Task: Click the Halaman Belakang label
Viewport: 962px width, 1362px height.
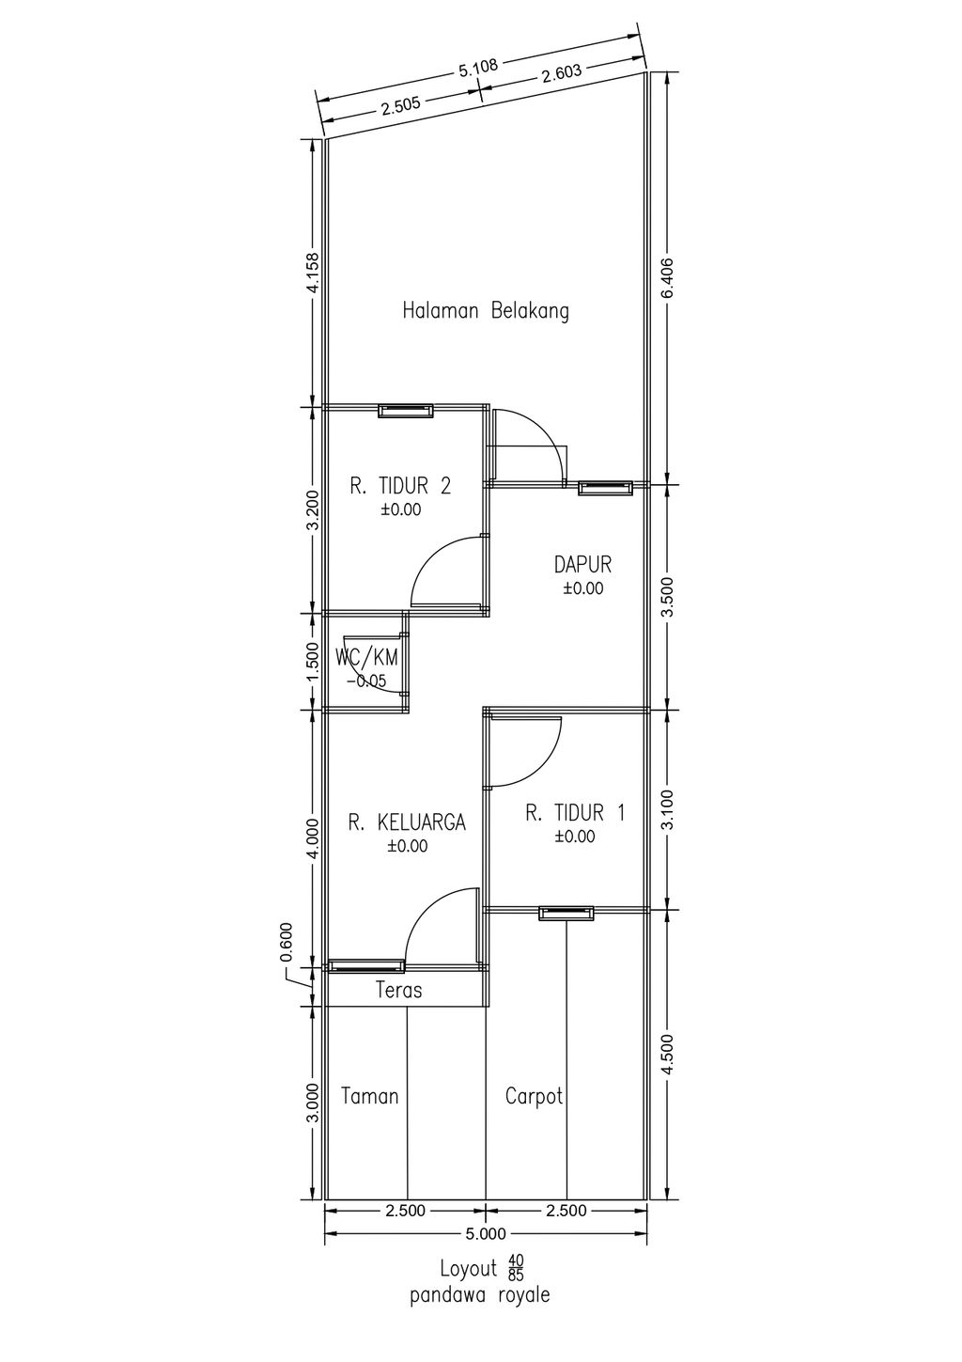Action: click(486, 311)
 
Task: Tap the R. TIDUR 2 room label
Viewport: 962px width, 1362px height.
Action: click(400, 487)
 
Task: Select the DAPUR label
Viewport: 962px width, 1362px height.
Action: click(582, 565)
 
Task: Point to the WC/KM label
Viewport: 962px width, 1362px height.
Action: click(366, 657)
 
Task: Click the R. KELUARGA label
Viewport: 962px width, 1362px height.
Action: click(407, 822)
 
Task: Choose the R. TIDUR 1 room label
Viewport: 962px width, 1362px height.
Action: click(575, 813)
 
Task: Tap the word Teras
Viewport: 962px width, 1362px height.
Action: click(398, 990)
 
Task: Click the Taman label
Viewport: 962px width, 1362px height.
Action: click(369, 1096)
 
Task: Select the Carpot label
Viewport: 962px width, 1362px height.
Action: click(535, 1096)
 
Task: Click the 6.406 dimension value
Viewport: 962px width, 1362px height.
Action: click(668, 278)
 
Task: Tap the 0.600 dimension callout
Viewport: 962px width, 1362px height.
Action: click(287, 942)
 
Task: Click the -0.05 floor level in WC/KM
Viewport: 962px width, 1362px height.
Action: click(365, 681)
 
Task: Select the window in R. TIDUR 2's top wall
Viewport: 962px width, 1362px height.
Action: click(406, 411)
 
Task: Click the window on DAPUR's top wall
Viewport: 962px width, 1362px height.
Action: click(605, 488)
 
